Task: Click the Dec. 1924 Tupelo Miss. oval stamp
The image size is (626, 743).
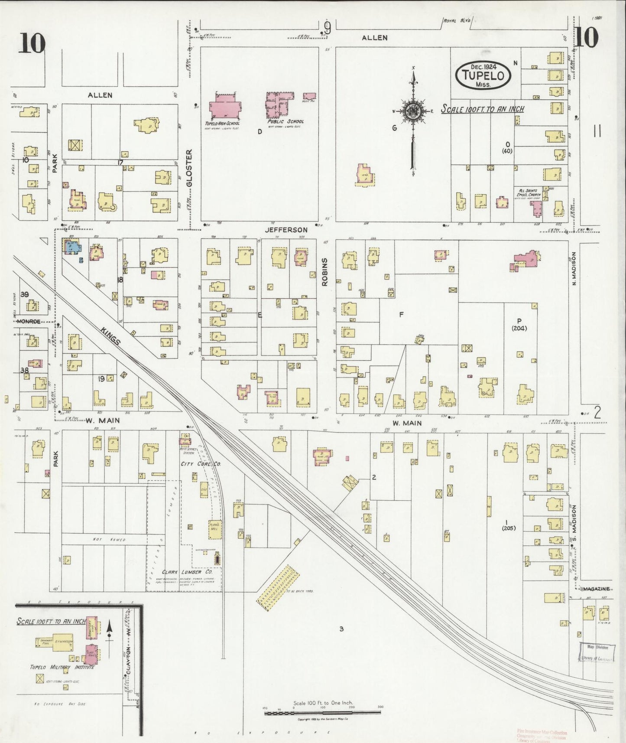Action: [483, 75]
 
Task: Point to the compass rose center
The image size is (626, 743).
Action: [413, 111]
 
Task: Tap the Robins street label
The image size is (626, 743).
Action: [324, 272]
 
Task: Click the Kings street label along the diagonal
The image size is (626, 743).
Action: [110, 336]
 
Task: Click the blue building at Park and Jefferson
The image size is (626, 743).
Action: [72, 247]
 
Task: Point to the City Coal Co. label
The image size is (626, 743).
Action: [201, 464]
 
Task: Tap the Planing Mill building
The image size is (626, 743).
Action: [215, 529]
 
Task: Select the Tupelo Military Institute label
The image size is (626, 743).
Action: [62, 667]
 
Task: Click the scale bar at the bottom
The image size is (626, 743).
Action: [322, 712]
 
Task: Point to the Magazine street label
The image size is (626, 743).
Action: [596, 589]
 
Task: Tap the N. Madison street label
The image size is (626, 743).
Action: [575, 269]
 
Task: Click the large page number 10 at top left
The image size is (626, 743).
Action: [32, 43]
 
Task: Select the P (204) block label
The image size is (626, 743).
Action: [519, 325]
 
